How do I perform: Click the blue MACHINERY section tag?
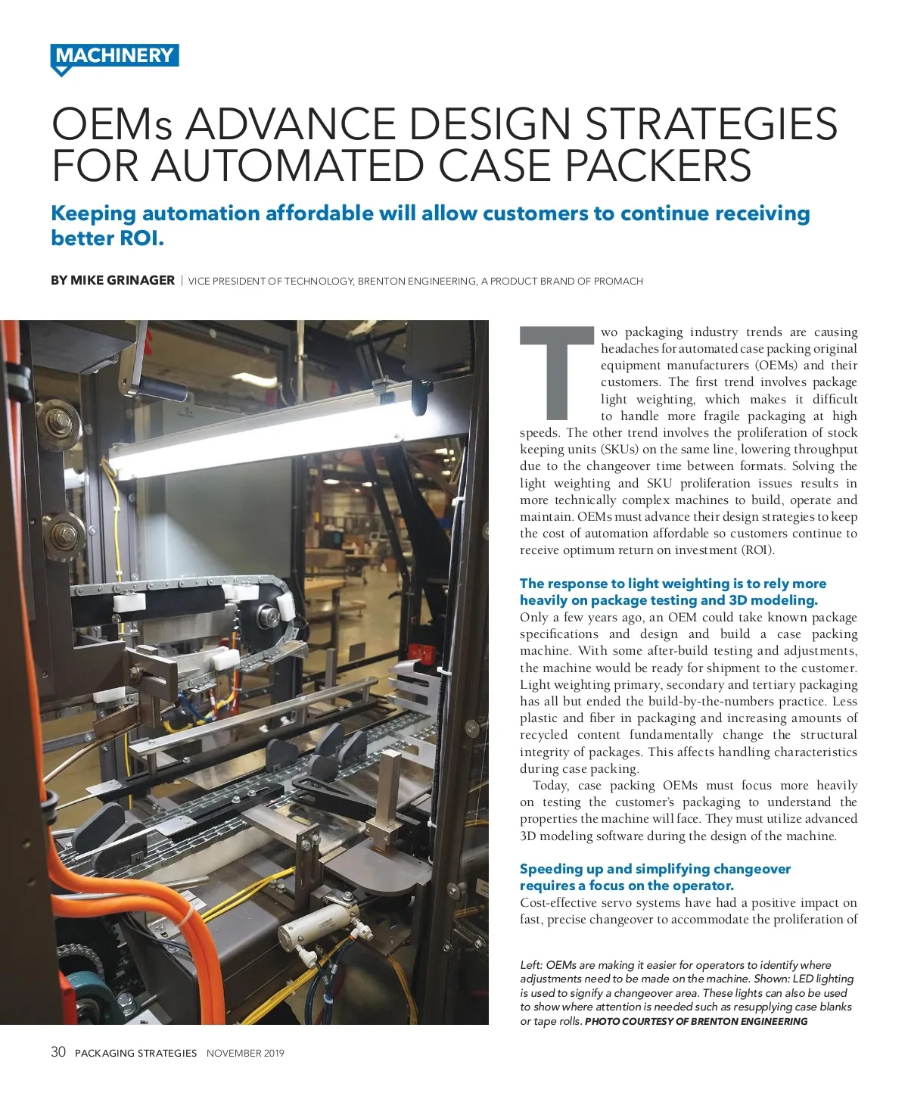coord(114,56)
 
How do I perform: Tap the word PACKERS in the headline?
coord(658,167)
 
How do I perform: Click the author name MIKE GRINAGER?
coord(123,280)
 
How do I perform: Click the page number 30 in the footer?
coord(58,1052)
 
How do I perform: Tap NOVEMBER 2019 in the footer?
coord(245,1053)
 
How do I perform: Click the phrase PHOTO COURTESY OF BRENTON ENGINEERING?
coord(696,1021)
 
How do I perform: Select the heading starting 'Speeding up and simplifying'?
coord(655,869)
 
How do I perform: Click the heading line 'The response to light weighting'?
coord(673,584)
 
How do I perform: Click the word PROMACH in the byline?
coord(618,281)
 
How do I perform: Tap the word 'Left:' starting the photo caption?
coord(531,965)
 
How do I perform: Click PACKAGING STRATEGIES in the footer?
coord(135,1053)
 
